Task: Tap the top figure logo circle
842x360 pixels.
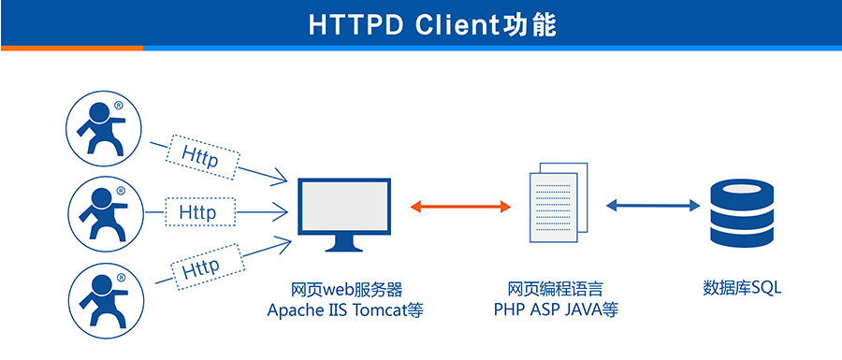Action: click(x=105, y=125)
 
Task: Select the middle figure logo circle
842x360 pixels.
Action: click(x=105, y=212)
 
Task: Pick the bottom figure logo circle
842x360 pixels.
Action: click(x=105, y=298)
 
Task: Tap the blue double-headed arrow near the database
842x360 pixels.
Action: click(x=652, y=206)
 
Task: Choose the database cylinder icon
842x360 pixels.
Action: click(x=741, y=214)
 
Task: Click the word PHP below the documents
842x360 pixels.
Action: click(x=510, y=310)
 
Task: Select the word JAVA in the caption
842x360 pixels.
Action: click(x=583, y=310)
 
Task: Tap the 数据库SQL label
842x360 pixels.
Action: click(x=741, y=288)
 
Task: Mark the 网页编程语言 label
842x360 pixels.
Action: click(x=556, y=288)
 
